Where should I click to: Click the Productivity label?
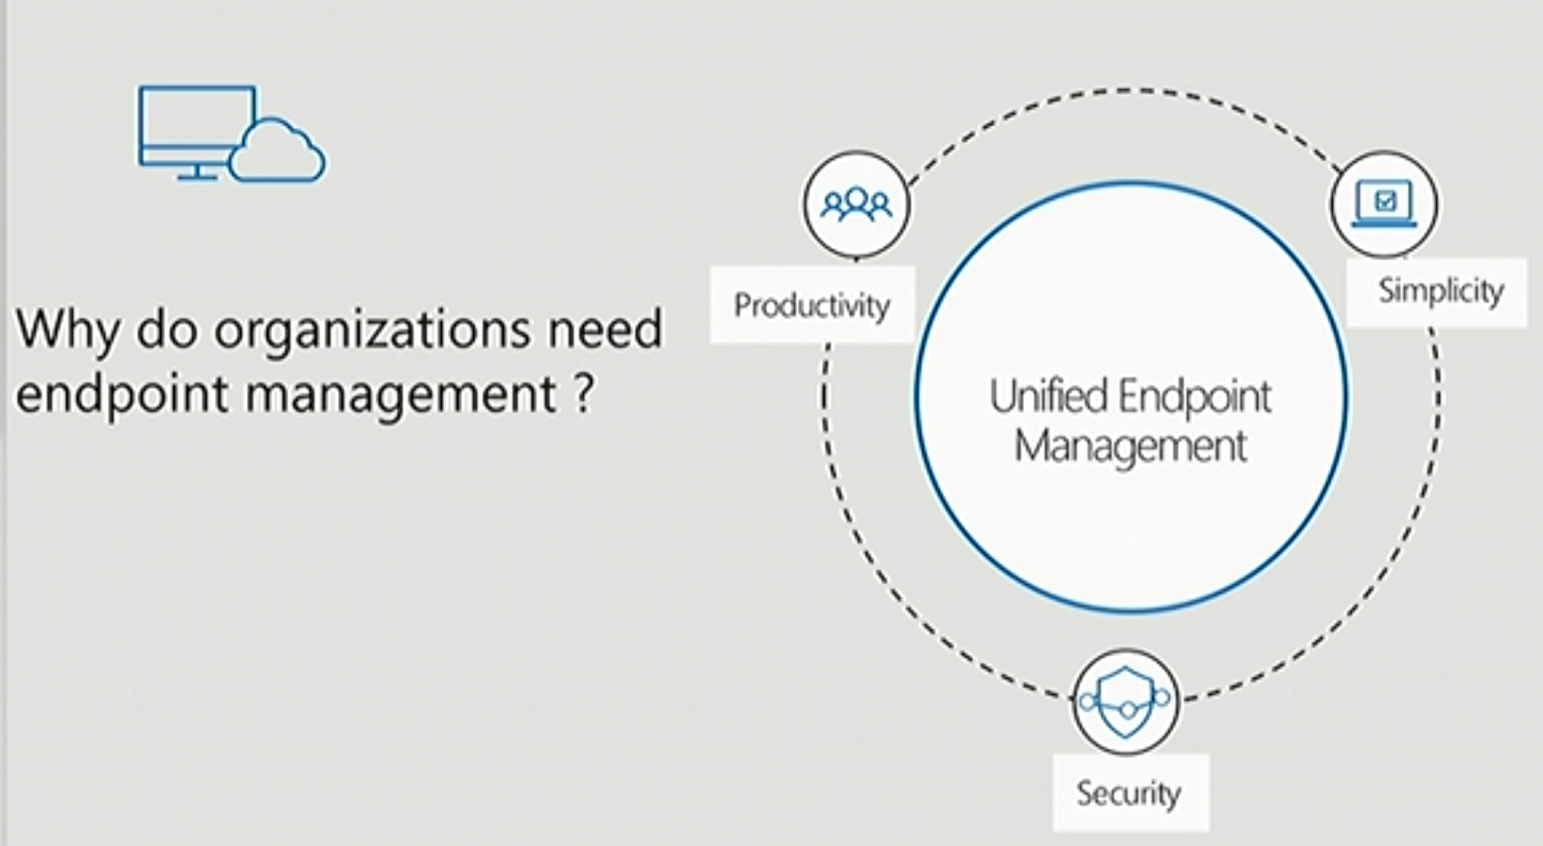[812, 305]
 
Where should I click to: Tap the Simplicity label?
[1441, 291]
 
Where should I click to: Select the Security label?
[1128, 793]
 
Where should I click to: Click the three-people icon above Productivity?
[856, 205]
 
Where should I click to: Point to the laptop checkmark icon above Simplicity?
[1384, 204]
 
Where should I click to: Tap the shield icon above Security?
[1125, 701]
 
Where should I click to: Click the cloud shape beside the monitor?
[277, 151]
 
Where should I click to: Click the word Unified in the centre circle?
[1048, 396]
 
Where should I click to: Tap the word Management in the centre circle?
[1130, 447]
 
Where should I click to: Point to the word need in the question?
[604, 329]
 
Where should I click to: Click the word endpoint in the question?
[121, 395]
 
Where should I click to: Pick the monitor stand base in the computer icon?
[197, 177]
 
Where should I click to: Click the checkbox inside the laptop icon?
[1384, 201]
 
